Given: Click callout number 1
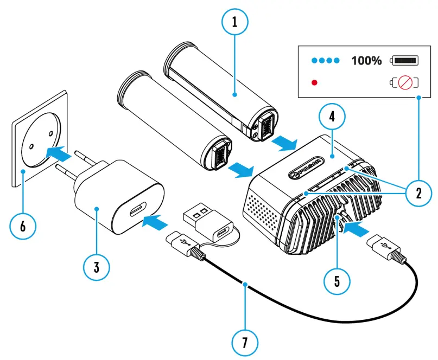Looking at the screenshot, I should click(x=234, y=22).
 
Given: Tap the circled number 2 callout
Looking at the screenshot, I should click(x=418, y=192).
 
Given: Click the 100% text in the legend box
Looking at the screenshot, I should click(x=366, y=60).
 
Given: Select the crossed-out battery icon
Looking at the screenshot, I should click(x=405, y=83).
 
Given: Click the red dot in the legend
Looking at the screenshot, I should click(x=313, y=83).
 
